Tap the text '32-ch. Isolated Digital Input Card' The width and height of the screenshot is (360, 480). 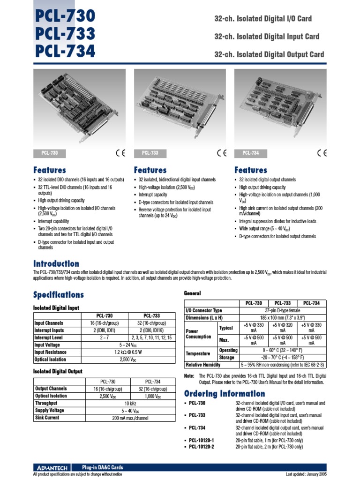(x=267, y=37)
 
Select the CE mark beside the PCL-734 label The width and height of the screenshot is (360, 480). (x=322, y=153)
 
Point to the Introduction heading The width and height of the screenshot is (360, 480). (x=56, y=263)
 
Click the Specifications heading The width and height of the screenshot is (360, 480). (x=59, y=295)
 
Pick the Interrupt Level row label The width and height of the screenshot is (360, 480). (x=49, y=337)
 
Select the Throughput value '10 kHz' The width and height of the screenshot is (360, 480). (x=130, y=403)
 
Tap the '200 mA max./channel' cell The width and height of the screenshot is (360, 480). (x=130, y=418)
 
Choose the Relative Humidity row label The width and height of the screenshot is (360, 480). (x=203, y=365)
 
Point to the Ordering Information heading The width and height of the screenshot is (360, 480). (x=225, y=393)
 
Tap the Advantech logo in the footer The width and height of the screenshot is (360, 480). (x=52, y=467)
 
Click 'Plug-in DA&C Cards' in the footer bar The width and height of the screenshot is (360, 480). (x=103, y=467)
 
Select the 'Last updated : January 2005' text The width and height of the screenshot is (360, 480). (x=306, y=474)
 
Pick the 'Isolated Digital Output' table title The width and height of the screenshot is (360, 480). (x=58, y=371)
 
